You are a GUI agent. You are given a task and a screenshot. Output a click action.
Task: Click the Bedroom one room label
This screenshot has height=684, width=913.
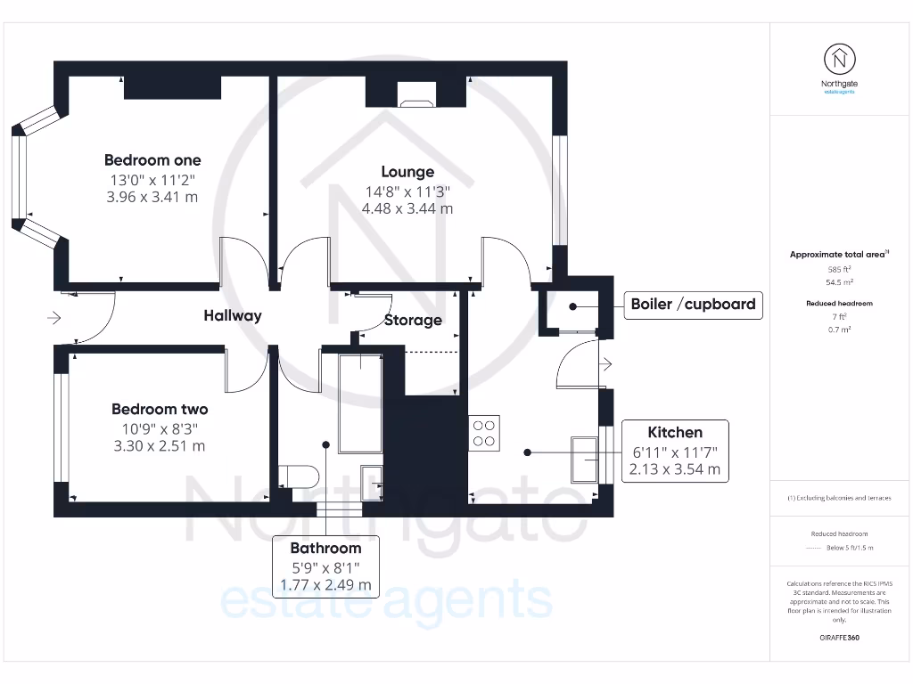152,160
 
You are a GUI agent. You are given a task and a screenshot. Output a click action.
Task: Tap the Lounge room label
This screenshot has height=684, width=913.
407,172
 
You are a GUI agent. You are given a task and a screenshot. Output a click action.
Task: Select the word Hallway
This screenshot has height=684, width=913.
233,315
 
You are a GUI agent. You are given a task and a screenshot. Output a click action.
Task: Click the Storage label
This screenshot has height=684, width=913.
413,320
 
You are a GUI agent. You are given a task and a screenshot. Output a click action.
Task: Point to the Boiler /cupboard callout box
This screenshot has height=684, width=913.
693,305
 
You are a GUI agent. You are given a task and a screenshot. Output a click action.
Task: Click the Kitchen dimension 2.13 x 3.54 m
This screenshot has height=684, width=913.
675,469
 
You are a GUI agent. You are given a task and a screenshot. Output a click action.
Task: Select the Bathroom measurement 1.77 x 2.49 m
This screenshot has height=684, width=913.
325,585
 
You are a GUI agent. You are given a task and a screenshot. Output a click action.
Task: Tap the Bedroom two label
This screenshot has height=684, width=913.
160,410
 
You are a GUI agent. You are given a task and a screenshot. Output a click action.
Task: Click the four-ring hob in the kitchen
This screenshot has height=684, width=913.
484,433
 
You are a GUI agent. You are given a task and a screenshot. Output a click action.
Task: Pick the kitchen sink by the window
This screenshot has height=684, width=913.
586,458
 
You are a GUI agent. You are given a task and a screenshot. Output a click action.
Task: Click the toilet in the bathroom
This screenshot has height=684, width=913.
297,476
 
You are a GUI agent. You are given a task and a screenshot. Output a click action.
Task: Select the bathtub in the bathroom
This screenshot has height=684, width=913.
360,402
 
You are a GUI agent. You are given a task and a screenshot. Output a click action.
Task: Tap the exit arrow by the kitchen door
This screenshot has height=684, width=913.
605,363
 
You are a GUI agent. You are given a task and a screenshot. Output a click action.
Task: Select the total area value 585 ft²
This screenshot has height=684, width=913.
839,268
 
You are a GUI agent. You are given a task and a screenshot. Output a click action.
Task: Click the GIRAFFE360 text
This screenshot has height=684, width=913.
839,638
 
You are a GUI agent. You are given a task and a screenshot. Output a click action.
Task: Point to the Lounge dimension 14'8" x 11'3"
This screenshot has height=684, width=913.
407,191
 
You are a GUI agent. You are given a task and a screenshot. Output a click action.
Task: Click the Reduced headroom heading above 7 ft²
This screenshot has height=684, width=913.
839,304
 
